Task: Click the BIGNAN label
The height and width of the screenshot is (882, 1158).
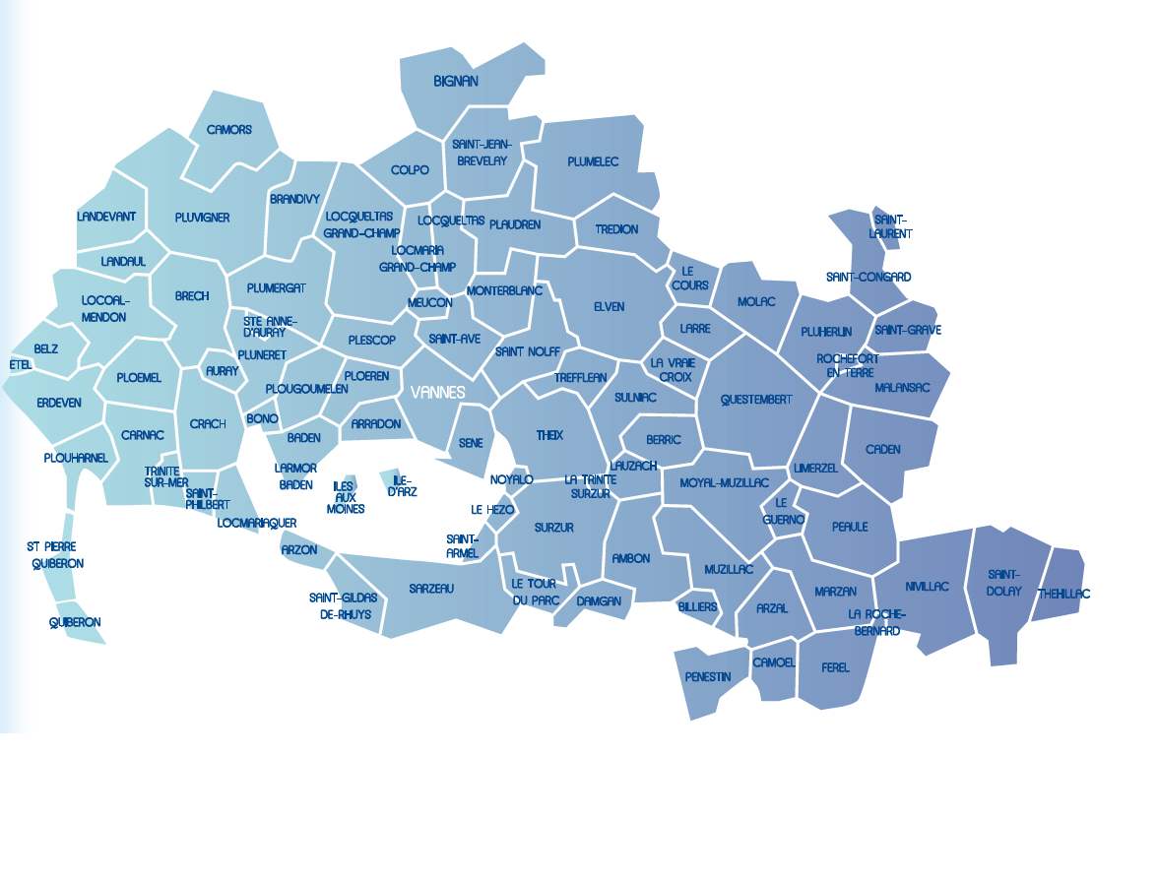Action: (456, 82)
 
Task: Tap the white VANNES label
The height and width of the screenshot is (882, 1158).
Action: (438, 392)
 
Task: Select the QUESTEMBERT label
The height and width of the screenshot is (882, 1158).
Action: (756, 400)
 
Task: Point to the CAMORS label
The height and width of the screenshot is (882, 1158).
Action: (229, 130)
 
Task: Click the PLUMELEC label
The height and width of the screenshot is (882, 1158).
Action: (593, 161)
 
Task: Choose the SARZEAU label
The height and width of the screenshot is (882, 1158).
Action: (431, 589)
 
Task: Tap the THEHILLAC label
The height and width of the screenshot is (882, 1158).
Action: (1063, 594)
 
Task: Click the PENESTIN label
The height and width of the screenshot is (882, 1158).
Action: (708, 677)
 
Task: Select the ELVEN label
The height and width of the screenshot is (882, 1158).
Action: (609, 307)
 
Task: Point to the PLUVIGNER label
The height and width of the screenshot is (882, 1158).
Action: (202, 218)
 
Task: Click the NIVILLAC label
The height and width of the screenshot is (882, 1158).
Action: (928, 586)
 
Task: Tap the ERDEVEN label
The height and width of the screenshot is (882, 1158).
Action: (59, 403)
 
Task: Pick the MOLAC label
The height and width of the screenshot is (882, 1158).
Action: (756, 302)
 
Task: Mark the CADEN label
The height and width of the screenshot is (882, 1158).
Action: (883, 450)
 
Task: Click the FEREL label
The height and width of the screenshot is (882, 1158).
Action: (835, 667)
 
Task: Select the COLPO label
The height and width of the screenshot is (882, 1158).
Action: (410, 170)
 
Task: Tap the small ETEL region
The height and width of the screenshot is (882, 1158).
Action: (20, 365)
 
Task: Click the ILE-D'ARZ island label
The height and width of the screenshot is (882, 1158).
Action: (402, 485)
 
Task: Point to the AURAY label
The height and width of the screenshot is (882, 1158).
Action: (222, 371)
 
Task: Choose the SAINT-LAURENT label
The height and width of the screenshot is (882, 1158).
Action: (890, 226)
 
